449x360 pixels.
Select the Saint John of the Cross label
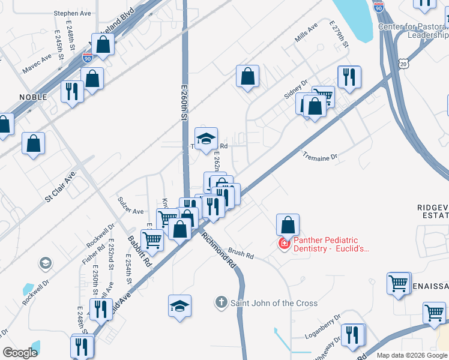point(274,303)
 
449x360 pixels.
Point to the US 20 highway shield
point(403,62)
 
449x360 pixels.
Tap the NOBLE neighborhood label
point(33,97)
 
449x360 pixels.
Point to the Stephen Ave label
point(71,13)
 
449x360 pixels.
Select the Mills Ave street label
point(306,34)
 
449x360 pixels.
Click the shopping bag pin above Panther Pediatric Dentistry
point(288,225)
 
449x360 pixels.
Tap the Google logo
point(20,353)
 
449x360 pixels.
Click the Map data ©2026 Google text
point(412,355)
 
